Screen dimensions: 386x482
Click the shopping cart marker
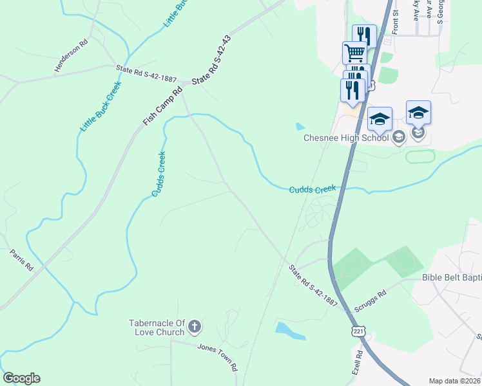354,53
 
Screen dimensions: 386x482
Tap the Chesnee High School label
346,137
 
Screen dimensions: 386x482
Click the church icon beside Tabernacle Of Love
195,327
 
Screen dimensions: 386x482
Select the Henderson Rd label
70,57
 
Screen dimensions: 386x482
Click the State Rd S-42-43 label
211,60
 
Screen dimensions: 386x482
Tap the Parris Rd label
21,259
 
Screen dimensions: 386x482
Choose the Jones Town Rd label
218,357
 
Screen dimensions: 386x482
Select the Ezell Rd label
358,363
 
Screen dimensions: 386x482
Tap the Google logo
21,378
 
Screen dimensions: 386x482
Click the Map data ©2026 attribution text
455,381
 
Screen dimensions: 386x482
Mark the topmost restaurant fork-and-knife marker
365,35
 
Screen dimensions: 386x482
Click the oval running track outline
421,156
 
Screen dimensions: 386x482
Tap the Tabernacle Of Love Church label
159,327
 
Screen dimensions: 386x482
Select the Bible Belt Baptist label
451,277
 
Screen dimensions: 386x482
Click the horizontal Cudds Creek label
313,189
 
